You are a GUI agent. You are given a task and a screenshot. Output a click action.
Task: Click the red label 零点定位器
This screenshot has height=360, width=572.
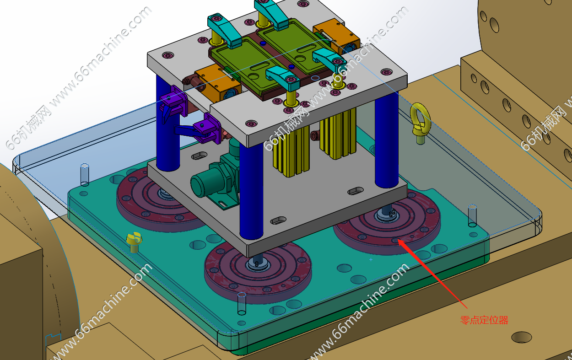[484, 320]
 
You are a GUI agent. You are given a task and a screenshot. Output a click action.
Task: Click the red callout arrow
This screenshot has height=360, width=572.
[432, 274]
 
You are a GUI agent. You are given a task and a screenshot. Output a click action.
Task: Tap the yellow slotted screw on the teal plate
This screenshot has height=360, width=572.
[134, 242]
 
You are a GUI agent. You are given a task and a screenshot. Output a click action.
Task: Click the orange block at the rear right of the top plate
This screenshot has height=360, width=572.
[336, 34]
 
